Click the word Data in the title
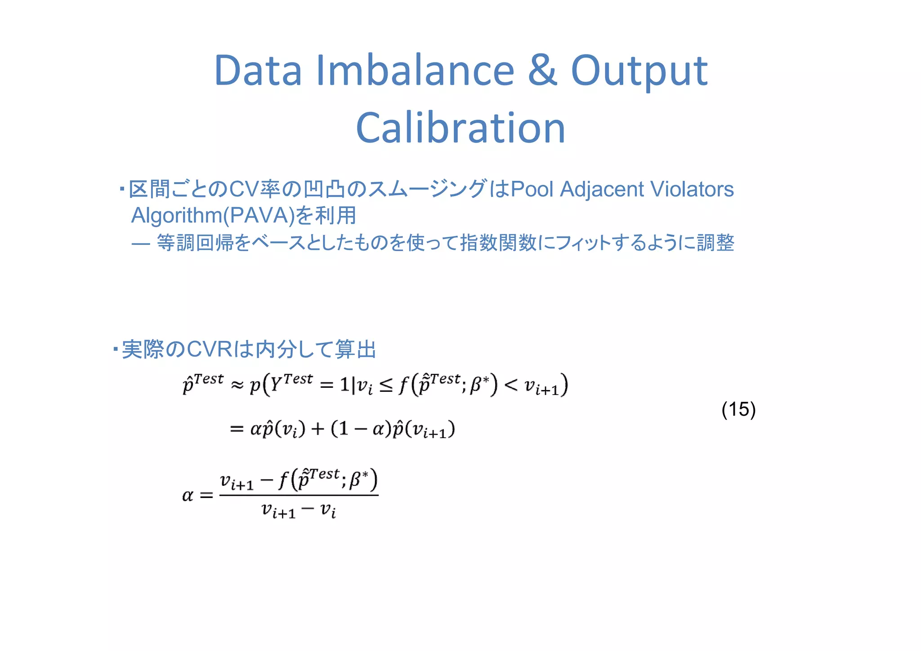[x=258, y=71]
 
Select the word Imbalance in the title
[x=415, y=71]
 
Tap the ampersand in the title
[x=542, y=71]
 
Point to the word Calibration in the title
[x=460, y=128]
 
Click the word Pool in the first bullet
[x=532, y=189]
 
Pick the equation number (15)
[x=738, y=409]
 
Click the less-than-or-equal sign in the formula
[x=386, y=385]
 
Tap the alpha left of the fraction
[x=188, y=496]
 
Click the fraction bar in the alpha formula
[x=299, y=495]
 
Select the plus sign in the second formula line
[x=317, y=429]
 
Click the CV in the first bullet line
[x=243, y=189]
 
